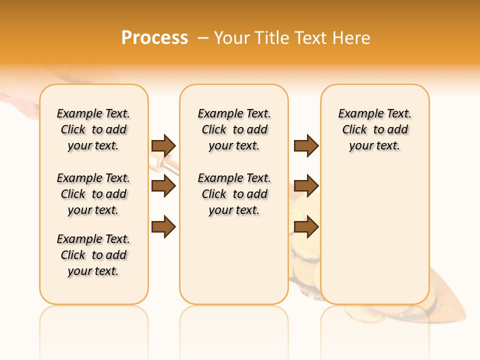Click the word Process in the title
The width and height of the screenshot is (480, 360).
154,37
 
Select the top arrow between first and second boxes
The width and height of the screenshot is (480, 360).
163,145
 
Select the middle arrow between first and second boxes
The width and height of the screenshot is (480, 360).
163,186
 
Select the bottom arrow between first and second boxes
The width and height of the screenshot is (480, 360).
163,226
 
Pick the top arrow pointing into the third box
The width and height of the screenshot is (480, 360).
306,145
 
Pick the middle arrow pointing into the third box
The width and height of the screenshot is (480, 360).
306,186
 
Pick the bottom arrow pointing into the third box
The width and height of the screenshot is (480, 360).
306,226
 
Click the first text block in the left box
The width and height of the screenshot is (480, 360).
93,129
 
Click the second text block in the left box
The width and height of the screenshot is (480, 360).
93,194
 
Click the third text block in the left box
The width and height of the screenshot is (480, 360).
93,255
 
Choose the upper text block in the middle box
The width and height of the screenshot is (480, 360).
234,129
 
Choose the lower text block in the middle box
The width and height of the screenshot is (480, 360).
234,194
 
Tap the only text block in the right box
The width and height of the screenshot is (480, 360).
374,129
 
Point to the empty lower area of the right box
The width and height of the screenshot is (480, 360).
374,235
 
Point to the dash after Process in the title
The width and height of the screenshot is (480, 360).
202,38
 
